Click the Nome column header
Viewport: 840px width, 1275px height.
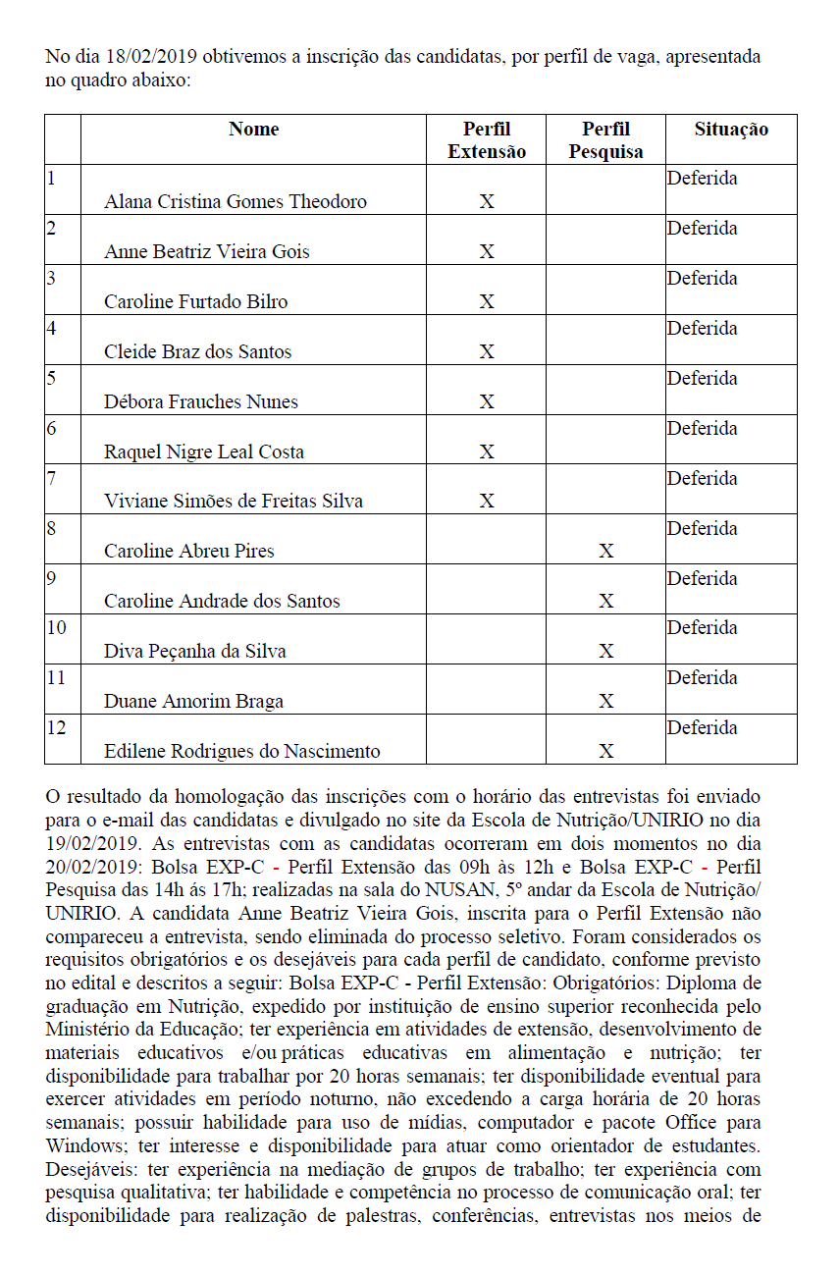[253, 130]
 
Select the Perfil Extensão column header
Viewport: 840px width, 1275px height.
[487, 140]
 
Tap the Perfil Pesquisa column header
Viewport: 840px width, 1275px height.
[605, 140]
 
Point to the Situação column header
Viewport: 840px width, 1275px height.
[731, 130]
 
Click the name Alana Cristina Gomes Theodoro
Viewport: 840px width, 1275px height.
[236, 202]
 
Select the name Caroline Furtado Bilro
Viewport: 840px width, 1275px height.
[196, 301]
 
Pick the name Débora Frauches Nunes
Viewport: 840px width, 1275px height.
[201, 401]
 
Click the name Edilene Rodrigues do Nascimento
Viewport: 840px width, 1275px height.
[241, 751]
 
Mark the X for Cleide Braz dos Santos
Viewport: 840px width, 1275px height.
[487, 352]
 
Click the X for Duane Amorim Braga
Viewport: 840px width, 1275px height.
[606, 702]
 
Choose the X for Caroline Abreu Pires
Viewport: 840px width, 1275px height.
[606, 552]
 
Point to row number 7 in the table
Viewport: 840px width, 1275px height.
[51, 478]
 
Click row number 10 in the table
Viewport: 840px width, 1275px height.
[57, 627]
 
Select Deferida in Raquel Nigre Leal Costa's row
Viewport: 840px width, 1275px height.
[703, 428]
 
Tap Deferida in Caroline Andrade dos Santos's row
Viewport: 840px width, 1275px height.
[703, 578]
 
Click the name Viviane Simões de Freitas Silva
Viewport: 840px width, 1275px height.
[234, 501]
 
